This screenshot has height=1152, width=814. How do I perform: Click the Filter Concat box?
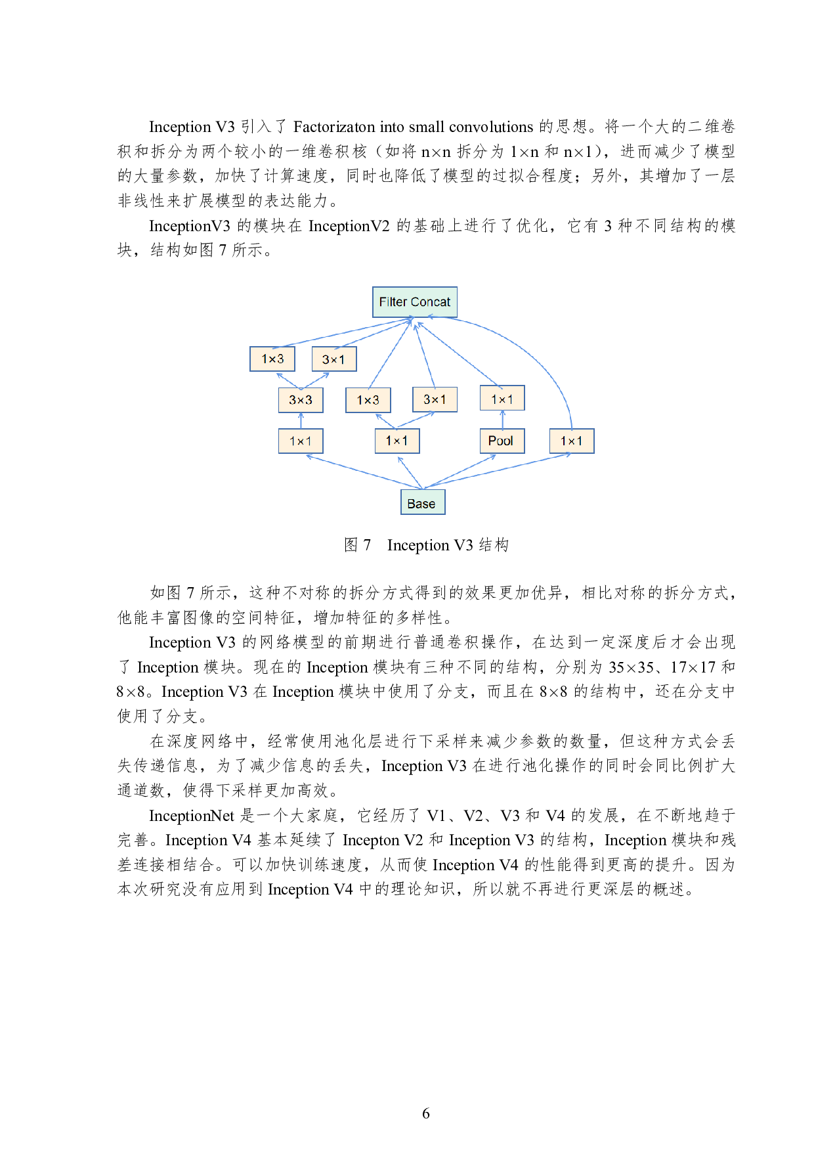(x=414, y=302)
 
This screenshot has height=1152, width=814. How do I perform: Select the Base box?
(x=423, y=502)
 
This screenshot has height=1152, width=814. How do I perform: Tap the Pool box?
(x=502, y=441)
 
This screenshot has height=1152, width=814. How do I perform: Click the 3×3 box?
(x=301, y=400)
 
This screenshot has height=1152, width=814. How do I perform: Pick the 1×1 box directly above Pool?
(x=502, y=398)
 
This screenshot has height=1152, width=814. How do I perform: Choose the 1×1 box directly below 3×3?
(x=301, y=441)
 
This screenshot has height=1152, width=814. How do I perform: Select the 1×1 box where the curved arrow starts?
(x=572, y=441)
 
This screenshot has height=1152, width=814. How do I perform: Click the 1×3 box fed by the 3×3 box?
(x=272, y=359)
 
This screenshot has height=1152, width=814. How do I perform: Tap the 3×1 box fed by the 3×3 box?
(x=334, y=359)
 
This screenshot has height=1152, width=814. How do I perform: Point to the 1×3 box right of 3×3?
(x=368, y=400)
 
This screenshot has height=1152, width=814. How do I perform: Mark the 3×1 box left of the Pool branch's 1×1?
(x=435, y=399)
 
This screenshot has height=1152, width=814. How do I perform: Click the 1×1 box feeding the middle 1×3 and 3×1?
(x=397, y=441)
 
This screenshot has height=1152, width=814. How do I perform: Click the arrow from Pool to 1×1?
(x=502, y=420)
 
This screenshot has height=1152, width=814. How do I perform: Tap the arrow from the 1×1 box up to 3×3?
(x=301, y=420)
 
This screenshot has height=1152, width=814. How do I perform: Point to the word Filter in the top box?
(x=393, y=302)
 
